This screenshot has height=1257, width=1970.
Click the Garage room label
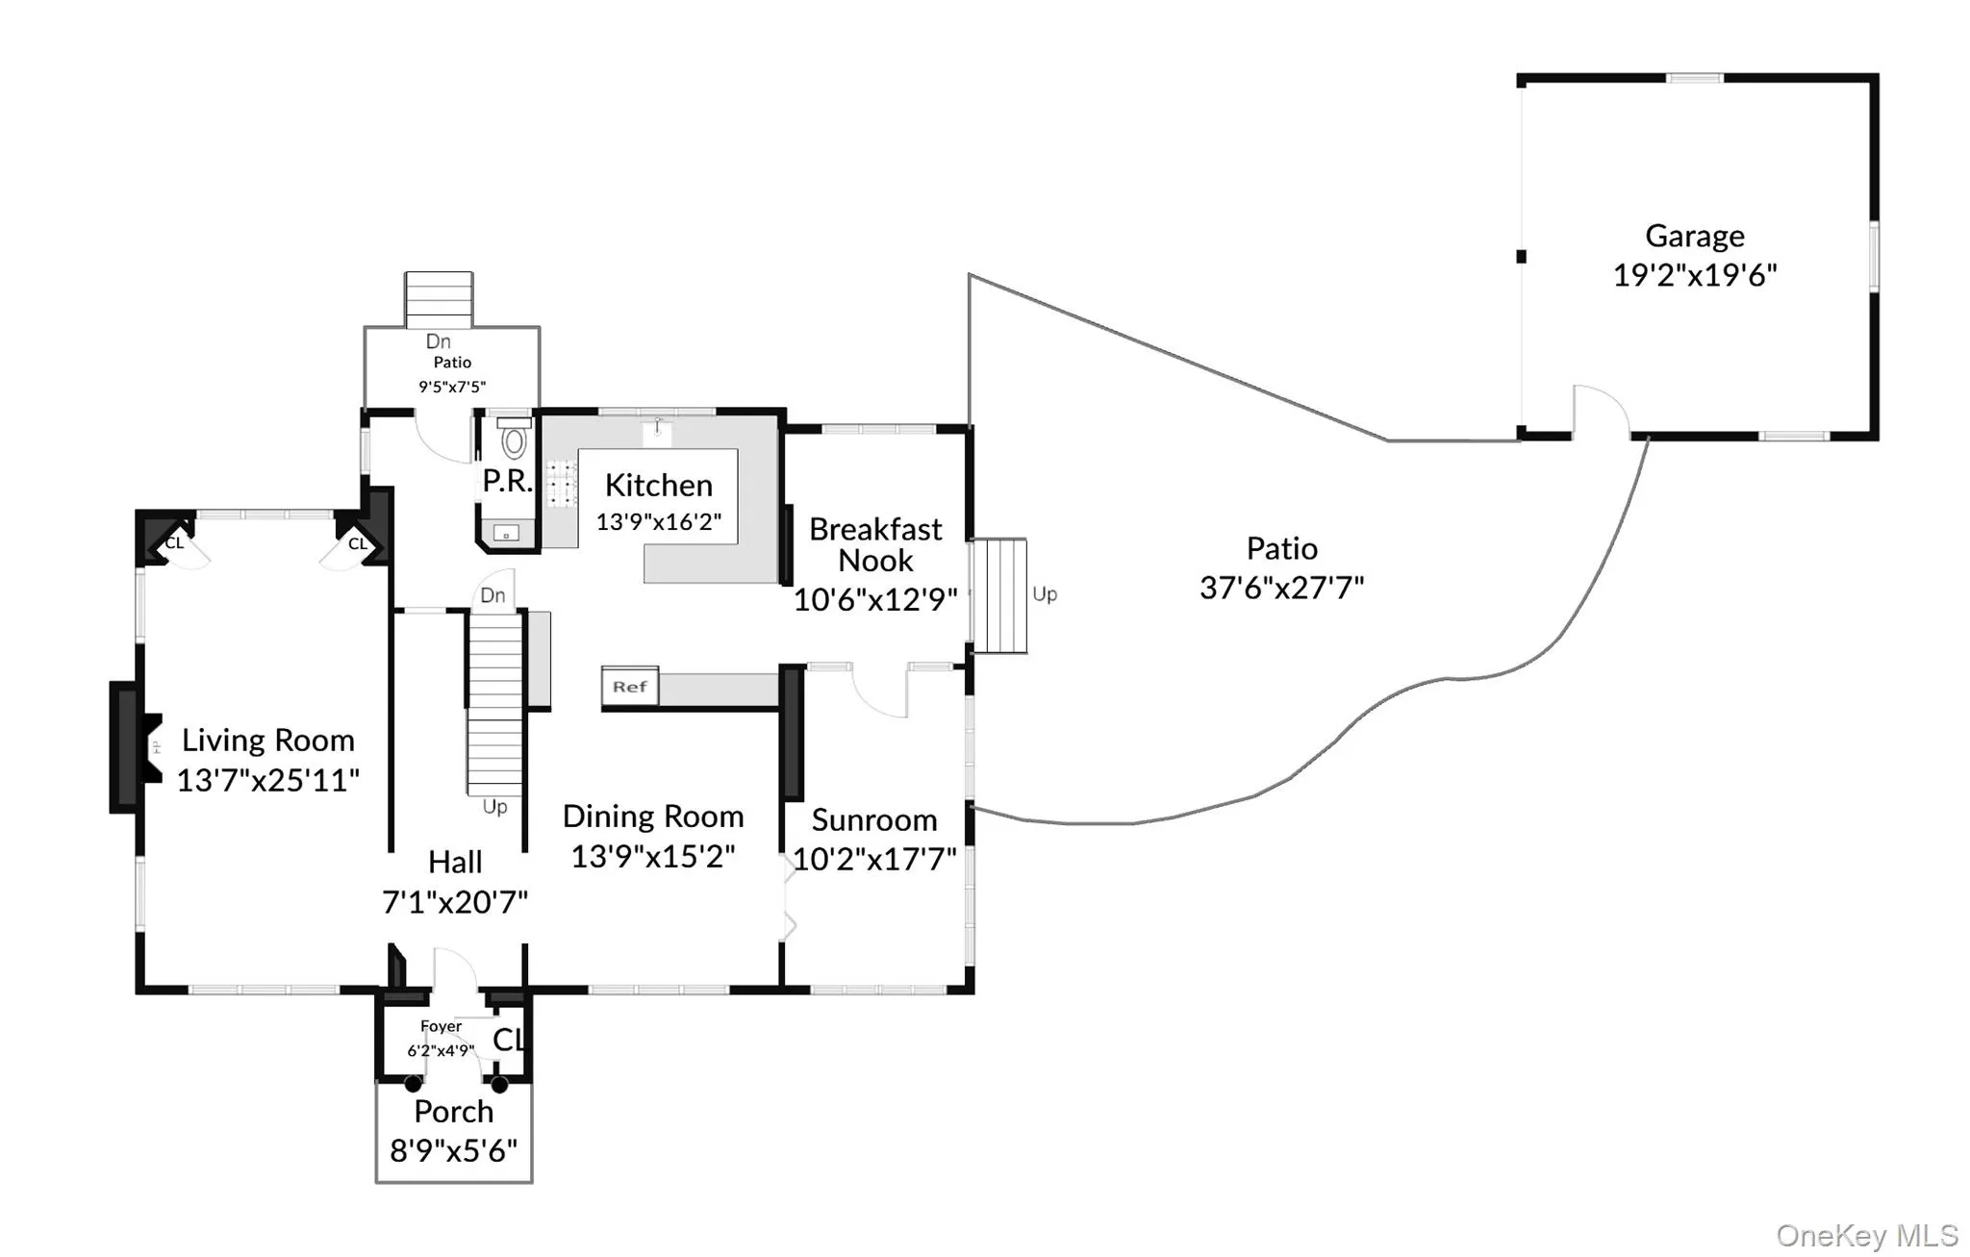tap(1694, 236)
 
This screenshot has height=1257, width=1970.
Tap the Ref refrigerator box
tap(630, 687)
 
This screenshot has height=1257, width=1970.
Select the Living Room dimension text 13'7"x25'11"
tap(267, 779)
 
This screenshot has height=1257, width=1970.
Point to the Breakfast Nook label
tap(875, 544)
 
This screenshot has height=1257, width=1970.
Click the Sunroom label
tap(874, 819)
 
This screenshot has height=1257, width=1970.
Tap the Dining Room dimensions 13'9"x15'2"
tap(653, 856)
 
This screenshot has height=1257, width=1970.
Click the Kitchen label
tap(659, 485)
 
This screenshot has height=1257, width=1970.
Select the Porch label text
tap(454, 1112)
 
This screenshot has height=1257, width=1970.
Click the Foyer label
tap(441, 1026)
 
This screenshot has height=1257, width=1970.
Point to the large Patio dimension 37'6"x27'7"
tap(1281, 587)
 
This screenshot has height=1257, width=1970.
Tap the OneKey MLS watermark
tap(1867, 1235)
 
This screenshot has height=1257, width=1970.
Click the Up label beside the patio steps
tap(1045, 594)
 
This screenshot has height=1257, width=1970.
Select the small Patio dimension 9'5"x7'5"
tap(452, 387)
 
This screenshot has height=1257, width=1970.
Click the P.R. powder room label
tap(507, 481)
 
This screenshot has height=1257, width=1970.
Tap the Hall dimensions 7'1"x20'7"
tap(455, 902)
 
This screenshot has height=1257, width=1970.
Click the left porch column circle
tap(413, 1084)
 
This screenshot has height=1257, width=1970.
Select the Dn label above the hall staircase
tap(492, 595)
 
